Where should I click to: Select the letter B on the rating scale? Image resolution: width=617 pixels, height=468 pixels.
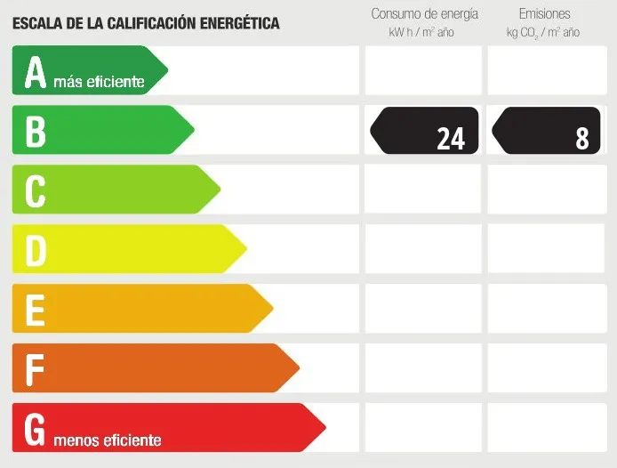35,131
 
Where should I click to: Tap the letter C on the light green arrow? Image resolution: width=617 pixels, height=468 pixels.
35,190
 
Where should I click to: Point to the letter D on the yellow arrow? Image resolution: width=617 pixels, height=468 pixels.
35,250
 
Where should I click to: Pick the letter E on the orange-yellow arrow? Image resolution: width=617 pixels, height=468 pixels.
35,310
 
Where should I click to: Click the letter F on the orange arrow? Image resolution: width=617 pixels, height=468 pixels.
35,368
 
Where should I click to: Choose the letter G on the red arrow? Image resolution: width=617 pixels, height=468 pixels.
35,429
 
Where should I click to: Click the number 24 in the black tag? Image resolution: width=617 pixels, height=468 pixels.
451,138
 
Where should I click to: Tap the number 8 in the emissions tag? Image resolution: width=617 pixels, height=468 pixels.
582,138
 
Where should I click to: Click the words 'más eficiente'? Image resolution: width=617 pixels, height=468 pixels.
99,82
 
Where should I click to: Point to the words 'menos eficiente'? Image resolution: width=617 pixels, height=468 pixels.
108,440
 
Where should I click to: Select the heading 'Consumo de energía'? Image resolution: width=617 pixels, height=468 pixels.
424,14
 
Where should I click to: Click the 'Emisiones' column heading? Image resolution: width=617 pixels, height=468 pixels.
544,14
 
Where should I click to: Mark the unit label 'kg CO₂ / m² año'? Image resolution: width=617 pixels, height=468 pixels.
543,33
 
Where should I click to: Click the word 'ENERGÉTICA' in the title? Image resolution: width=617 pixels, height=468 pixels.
233,23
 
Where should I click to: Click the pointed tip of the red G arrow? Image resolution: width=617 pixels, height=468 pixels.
325,427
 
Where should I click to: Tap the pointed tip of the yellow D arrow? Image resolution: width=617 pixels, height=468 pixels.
246,249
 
